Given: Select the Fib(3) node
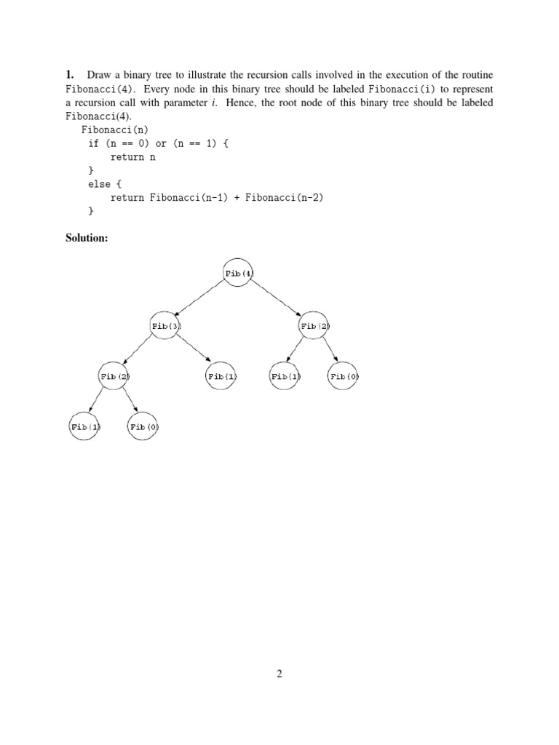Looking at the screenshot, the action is [165, 326].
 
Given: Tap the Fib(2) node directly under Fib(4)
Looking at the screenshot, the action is [314, 326].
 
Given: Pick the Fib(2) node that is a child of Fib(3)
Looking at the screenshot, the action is [114, 376].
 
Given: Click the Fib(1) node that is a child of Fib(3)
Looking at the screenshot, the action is [222, 376].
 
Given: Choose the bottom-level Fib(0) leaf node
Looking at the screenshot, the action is [143, 427].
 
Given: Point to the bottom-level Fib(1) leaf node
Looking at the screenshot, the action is [84, 427].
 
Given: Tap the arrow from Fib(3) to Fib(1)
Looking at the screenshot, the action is [194, 351].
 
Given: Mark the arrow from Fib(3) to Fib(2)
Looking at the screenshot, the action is [139, 351].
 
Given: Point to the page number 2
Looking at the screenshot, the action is [279, 674].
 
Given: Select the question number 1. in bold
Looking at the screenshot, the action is [70, 75].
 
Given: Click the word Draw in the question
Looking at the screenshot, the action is [98, 75].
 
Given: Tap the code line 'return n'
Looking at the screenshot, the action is [133, 157].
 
